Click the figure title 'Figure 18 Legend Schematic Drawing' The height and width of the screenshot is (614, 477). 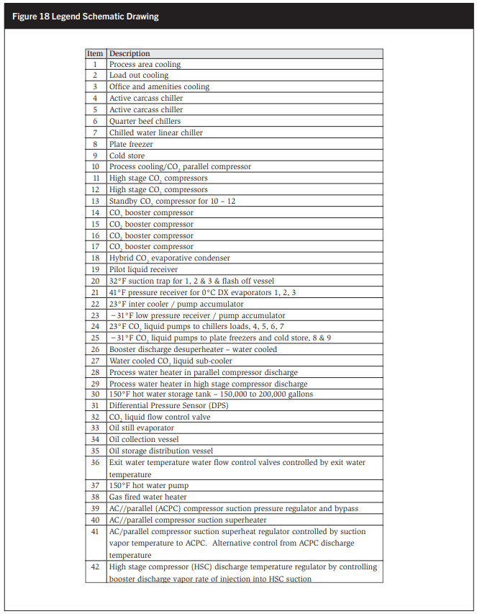click(x=86, y=17)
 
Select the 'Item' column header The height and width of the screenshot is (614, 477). click(x=95, y=53)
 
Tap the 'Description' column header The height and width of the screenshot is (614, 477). click(x=130, y=53)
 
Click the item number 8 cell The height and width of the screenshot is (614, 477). click(x=95, y=144)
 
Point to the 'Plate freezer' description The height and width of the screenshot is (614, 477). click(x=130, y=144)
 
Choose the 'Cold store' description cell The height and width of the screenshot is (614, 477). click(x=127, y=155)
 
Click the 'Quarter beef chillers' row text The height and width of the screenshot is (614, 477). click(x=145, y=121)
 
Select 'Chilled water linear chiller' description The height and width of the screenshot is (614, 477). click(x=155, y=132)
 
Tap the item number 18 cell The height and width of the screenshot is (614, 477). click(x=95, y=258)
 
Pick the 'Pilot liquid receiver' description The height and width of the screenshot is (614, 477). click(x=143, y=269)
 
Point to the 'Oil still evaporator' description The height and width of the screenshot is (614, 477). click(x=141, y=428)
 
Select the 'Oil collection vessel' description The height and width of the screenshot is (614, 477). click(x=144, y=439)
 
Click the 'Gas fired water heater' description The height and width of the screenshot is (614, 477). click(x=147, y=497)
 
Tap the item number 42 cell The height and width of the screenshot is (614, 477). click(x=95, y=567)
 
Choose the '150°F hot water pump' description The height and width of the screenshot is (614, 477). click(x=148, y=486)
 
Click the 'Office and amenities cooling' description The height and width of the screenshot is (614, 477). click(x=159, y=86)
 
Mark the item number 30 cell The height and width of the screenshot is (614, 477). click(x=95, y=394)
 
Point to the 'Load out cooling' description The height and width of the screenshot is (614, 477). click(x=138, y=75)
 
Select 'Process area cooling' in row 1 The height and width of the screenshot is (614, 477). click(x=145, y=64)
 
